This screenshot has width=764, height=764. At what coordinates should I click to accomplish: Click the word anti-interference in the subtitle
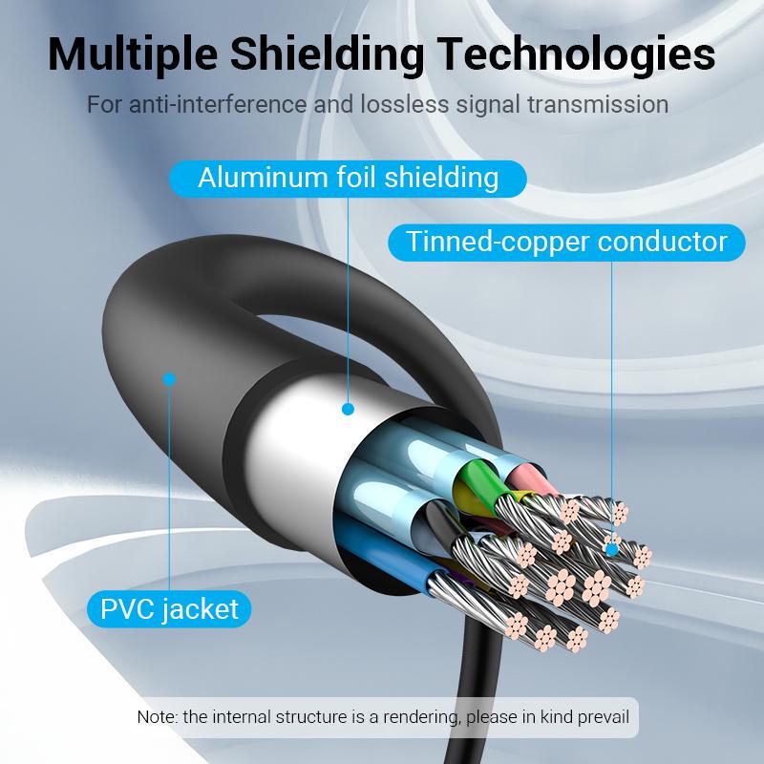point(225,104)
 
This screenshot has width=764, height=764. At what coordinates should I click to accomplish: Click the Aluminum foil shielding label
point(348,178)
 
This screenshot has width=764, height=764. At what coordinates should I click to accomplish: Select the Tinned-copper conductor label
point(566,241)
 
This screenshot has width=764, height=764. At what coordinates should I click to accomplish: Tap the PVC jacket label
point(169,607)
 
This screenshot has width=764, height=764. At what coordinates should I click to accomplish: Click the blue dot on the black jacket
point(169,379)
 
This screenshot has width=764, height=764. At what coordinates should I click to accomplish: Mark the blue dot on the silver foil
point(348,409)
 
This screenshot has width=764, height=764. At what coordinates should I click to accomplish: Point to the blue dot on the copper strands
point(611,549)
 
